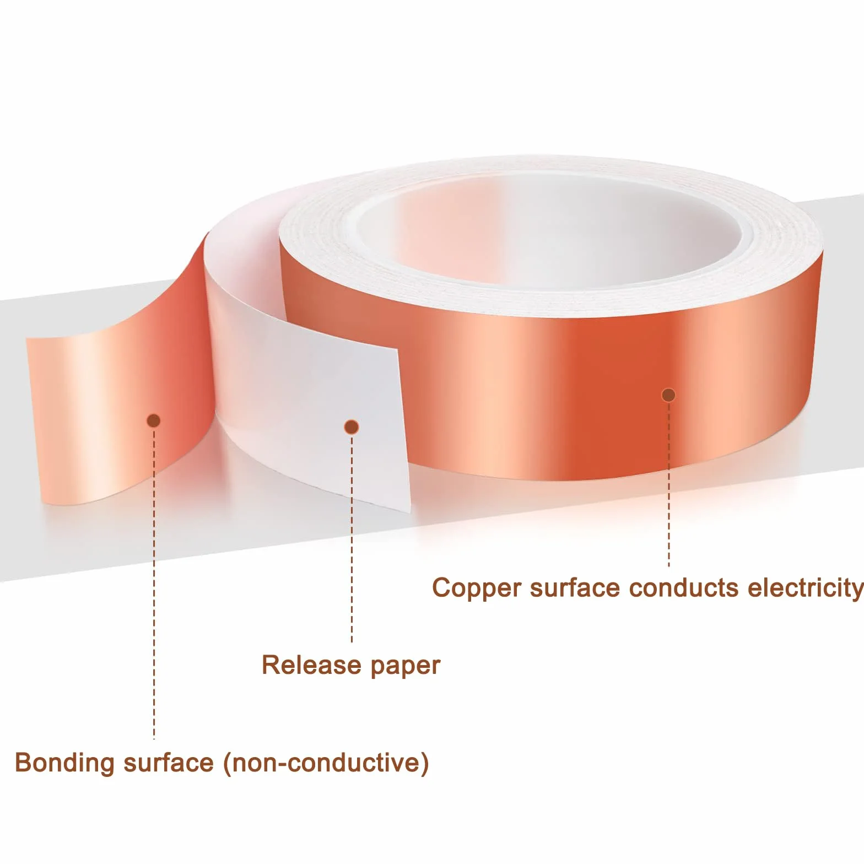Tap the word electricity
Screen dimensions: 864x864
[x=806, y=588]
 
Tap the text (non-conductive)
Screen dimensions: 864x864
[x=326, y=763]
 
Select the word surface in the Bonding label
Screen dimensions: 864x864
[x=169, y=763]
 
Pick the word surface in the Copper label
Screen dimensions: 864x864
[x=575, y=587]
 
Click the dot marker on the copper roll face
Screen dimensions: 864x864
[x=668, y=395]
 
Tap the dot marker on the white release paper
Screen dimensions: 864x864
[x=352, y=427]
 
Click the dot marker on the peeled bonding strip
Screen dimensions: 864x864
[x=154, y=421]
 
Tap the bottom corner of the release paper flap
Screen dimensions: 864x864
[x=410, y=511]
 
